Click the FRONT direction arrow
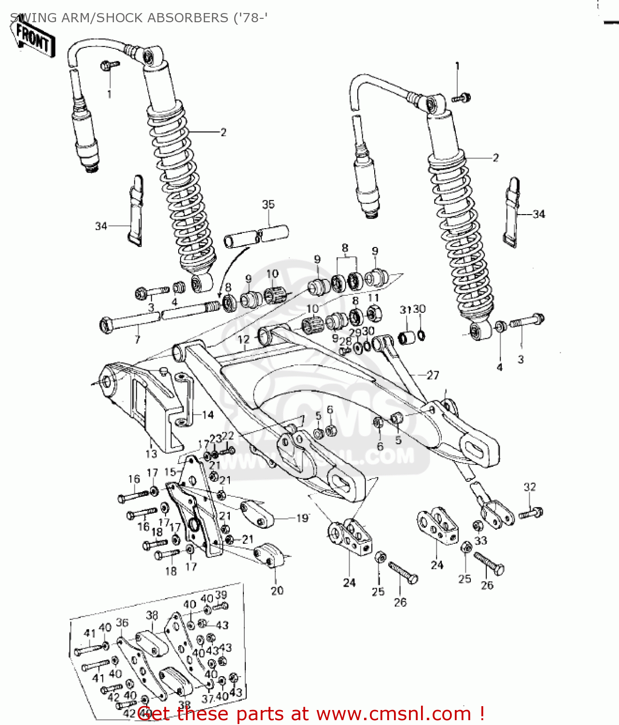pyautogui.click(x=33, y=38)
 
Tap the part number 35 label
pyautogui.click(x=268, y=204)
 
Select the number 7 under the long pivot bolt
pyautogui.click(x=138, y=339)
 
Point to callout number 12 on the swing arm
pyautogui.click(x=243, y=339)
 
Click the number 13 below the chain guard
pyautogui.click(x=151, y=453)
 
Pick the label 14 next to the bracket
pyautogui.click(x=208, y=415)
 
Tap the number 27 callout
pyautogui.click(x=433, y=375)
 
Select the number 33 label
pyautogui.click(x=480, y=540)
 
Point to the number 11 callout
pyautogui.click(x=373, y=298)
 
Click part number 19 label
pyautogui.click(x=302, y=518)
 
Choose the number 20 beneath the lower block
pyautogui.click(x=277, y=590)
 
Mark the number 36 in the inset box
pyautogui.click(x=122, y=623)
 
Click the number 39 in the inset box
pyautogui.click(x=221, y=595)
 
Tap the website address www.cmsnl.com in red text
pyautogui.click(x=393, y=713)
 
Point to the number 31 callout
pyautogui.click(x=405, y=309)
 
